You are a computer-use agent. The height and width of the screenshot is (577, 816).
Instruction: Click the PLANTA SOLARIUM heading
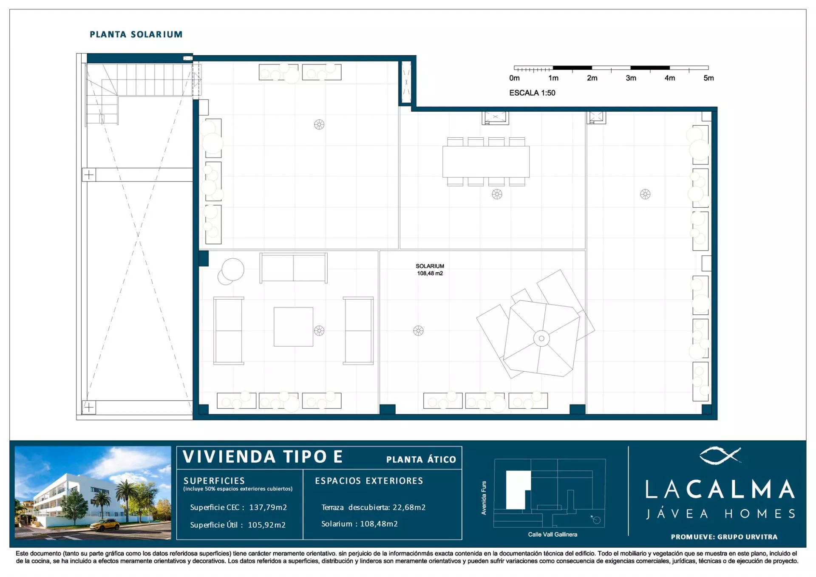point(136,34)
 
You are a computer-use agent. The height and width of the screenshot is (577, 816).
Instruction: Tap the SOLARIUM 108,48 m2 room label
point(430,270)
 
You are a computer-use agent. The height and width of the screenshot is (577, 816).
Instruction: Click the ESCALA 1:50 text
point(532,93)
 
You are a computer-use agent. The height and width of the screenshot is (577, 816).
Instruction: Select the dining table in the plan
point(486,161)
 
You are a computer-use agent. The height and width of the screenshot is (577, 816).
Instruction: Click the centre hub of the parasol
point(541,339)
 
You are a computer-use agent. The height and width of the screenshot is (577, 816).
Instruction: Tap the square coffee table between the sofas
point(293,327)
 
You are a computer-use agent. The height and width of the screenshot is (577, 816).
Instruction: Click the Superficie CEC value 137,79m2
point(268,507)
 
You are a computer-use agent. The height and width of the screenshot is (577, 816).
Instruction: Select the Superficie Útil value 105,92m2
point(266,525)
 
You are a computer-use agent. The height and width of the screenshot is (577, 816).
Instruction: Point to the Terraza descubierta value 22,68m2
point(409,507)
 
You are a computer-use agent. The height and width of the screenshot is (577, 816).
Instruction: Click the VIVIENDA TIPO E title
point(263,457)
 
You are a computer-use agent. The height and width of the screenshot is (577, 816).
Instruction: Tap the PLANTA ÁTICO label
point(421,459)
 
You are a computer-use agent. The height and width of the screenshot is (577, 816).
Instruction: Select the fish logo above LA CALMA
point(720,455)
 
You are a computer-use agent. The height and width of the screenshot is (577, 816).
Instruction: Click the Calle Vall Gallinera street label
point(552,535)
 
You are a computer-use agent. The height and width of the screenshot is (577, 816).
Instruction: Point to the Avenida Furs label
point(484,498)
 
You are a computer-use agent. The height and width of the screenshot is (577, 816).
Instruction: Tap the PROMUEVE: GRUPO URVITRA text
point(724,537)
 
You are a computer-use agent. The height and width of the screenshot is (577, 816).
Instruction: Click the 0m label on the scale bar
point(514,78)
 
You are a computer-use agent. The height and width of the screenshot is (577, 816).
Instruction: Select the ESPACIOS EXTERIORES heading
point(369,481)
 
